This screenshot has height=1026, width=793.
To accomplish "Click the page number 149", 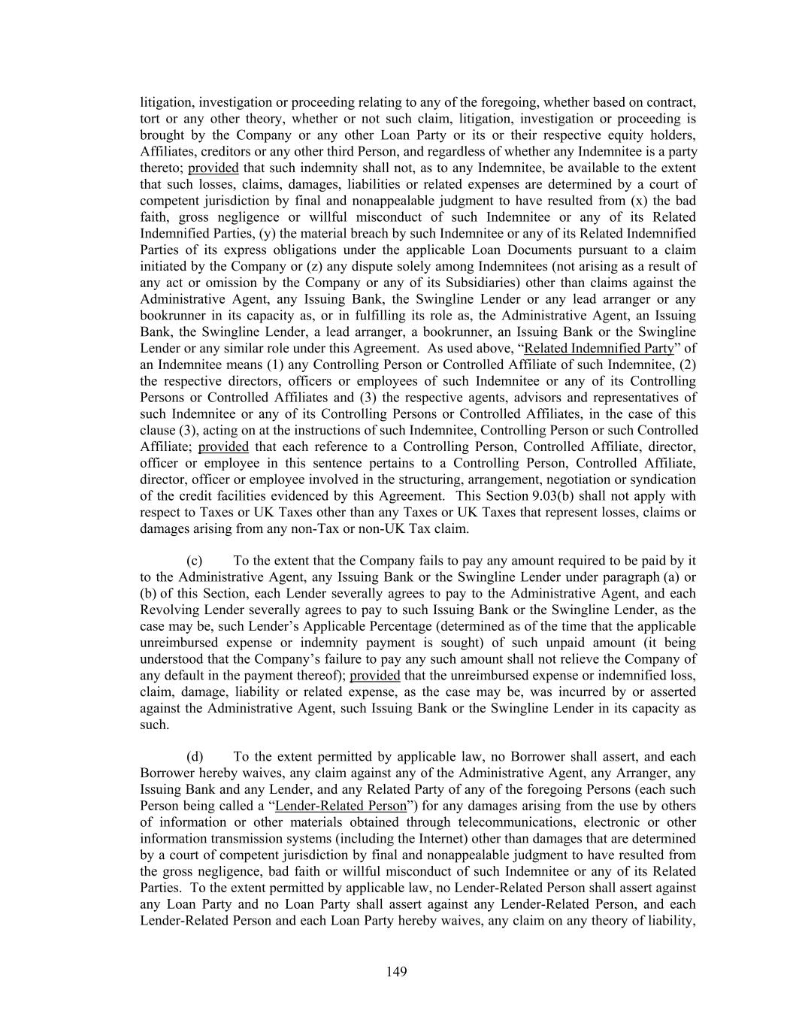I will click(x=397, y=972).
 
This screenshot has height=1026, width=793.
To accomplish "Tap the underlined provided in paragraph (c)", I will click(x=375, y=675).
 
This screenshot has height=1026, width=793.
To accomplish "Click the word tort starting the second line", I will click(x=150, y=119).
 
